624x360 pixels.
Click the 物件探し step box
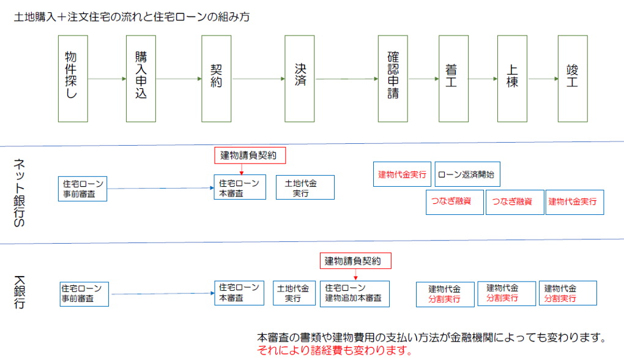coord(73,78)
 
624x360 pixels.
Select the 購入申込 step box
coord(141,78)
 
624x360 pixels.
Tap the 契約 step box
coord(217,78)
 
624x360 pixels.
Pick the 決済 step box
coord(300,78)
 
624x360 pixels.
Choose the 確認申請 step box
coord(393,78)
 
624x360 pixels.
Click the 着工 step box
coord(453,78)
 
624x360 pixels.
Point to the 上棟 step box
coord(512,78)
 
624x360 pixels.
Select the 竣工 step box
coord(573,78)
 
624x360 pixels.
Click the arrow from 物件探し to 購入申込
coord(107,79)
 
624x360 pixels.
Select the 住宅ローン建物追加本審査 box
coord(355,293)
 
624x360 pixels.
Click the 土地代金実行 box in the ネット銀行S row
coord(305,187)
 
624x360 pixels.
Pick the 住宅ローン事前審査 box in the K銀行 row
coord(84,293)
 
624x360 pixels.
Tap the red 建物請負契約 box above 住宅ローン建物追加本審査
coord(355,261)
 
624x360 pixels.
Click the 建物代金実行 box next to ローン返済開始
coord(402,174)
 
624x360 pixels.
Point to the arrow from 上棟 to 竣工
coord(542,79)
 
